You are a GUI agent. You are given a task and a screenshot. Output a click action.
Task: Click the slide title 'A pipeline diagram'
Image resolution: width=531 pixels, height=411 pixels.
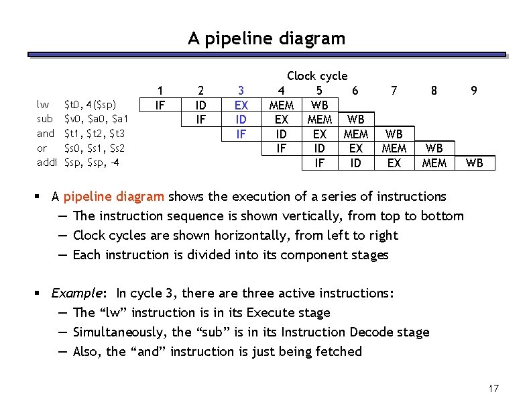pos(266,39)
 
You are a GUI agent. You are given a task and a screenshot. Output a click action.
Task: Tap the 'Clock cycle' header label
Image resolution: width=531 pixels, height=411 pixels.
pos(317,77)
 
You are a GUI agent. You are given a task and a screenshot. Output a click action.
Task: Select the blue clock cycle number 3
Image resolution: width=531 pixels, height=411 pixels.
pos(241,91)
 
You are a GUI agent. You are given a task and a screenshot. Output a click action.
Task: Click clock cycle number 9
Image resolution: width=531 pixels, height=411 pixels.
pos(474,91)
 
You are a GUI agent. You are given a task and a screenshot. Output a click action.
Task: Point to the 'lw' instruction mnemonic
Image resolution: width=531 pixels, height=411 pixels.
pos(43,105)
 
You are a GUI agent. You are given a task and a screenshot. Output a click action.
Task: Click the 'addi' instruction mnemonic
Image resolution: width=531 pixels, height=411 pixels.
pos(47,163)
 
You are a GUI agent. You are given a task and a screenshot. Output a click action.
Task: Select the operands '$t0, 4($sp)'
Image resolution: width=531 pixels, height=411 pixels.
pos(91,105)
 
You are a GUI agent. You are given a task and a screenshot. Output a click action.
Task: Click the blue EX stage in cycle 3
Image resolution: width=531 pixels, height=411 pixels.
pos(241,105)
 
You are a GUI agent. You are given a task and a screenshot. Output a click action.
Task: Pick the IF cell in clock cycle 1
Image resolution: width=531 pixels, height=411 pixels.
pos(160,105)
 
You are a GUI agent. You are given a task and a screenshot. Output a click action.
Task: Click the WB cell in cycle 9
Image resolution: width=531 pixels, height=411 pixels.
pos(474,163)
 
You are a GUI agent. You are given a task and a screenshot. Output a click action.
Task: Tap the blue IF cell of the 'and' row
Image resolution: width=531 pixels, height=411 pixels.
pos(241,134)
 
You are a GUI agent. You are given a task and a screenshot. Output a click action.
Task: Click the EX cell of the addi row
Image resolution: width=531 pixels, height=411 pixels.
pos(394,163)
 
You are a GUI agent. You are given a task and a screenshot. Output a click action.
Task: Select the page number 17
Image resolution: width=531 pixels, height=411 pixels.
pos(494,389)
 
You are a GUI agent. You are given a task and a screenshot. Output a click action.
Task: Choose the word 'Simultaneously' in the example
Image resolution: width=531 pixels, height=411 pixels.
pos(119,332)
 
